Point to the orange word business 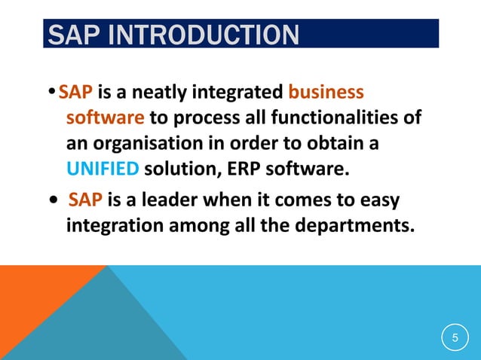pyautogui.click(x=326, y=93)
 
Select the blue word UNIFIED pyautogui.click(x=102, y=167)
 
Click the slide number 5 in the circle pyautogui.click(x=455, y=337)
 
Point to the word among pyautogui.click(x=193, y=226)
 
